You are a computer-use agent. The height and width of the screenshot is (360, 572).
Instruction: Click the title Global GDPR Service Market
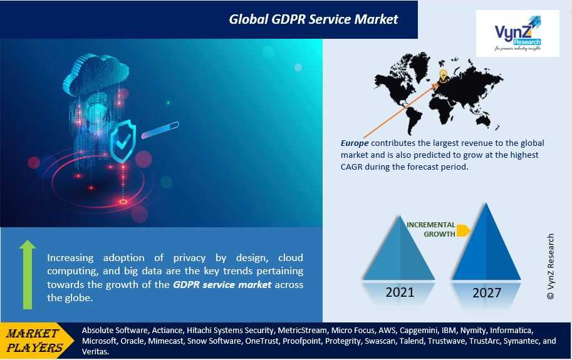(313, 19)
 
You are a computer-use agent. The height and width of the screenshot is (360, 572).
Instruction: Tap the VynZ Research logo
(517, 34)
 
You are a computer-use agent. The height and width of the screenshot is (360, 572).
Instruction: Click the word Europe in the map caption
(355, 143)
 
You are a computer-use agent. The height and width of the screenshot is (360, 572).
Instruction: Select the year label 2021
(400, 292)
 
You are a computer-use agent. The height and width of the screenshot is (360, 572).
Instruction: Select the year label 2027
(487, 292)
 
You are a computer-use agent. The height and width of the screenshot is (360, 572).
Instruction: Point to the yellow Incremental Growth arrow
(463, 230)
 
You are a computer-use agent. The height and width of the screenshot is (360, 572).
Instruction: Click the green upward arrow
(28, 274)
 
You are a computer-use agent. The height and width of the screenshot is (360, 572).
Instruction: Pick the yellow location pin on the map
(443, 75)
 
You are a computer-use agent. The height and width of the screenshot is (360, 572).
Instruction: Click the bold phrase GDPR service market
(222, 285)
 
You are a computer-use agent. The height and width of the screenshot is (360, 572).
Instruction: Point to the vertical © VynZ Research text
(551, 266)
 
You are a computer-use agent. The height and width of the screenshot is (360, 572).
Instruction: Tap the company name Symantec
(520, 341)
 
